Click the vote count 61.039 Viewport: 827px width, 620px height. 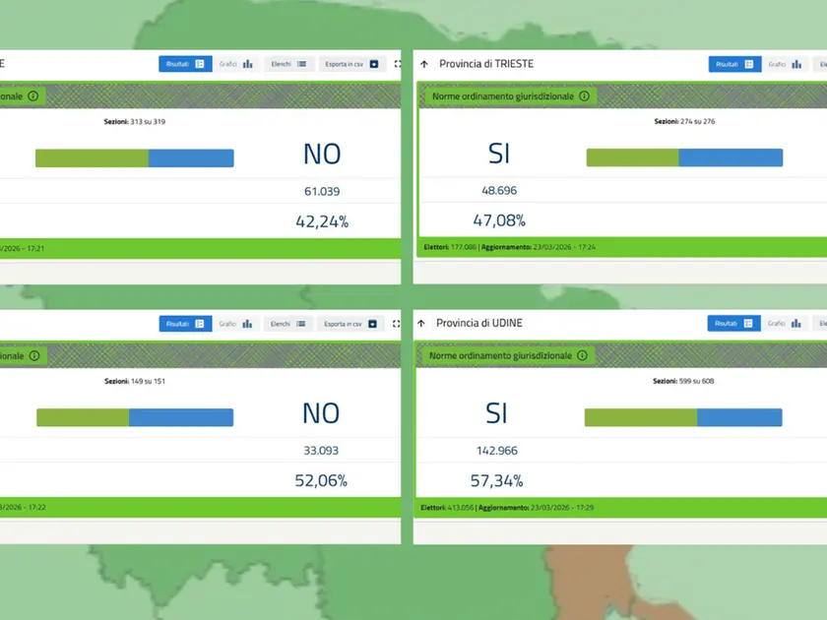pyautogui.click(x=322, y=191)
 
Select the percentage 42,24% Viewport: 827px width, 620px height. pyautogui.click(x=322, y=221)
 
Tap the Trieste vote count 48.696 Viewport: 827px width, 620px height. pyautogui.click(x=498, y=191)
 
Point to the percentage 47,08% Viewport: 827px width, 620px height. pyautogui.click(x=499, y=220)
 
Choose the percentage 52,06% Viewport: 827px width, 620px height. pyautogui.click(x=322, y=481)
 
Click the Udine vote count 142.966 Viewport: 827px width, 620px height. pyautogui.click(x=496, y=451)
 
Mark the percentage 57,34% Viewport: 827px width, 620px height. pyautogui.click(x=498, y=481)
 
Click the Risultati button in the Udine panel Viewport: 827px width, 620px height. pyautogui.click(x=733, y=323)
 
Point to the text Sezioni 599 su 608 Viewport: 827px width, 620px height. pyautogui.click(x=683, y=380)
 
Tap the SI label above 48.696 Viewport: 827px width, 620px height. pyautogui.click(x=498, y=155)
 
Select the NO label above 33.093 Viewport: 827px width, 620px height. pyautogui.click(x=321, y=413)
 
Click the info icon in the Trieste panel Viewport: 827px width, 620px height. pyautogui.click(x=584, y=96)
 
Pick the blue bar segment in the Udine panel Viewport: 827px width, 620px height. pyautogui.click(x=739, y=417)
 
